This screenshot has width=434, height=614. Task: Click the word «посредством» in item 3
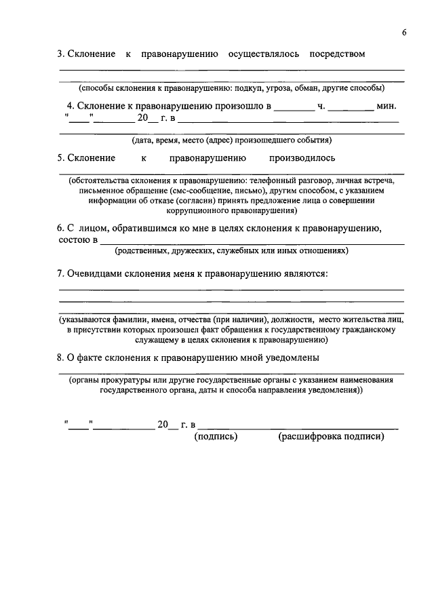point(336,54)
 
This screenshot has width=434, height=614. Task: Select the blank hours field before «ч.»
point(294,107)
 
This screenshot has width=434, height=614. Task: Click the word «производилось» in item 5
point(302,158)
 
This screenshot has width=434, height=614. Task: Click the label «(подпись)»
point(216,437)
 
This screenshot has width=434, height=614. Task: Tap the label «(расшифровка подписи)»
point(331,437)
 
